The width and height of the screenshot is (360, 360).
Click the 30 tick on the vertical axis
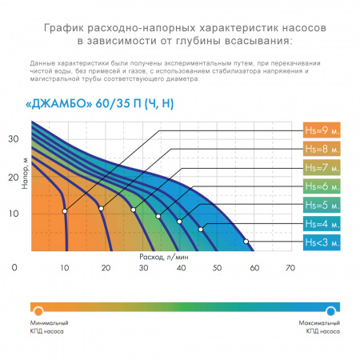(13, 138)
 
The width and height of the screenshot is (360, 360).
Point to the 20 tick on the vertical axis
(13, 176)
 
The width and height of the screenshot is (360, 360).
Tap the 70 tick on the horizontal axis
(289, 268)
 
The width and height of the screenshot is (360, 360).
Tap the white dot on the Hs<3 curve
(246, 241)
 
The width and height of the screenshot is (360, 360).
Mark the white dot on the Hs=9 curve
(65, 210)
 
